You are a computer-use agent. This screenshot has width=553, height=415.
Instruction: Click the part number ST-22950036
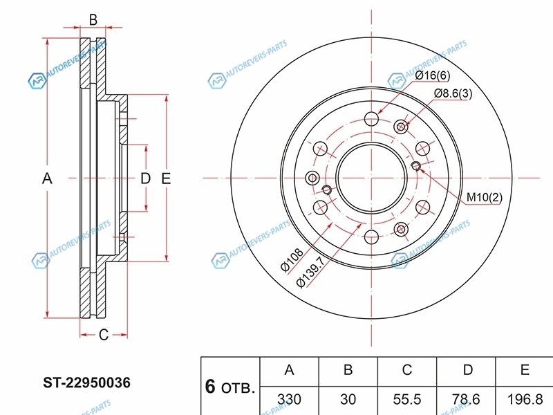tap(87, 382)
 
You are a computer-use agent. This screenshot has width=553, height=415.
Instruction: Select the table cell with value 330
tap(289, 399)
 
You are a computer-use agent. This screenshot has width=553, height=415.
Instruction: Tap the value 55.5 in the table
tap(408, 399)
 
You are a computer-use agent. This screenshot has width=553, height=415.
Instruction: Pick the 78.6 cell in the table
tap(467, 399)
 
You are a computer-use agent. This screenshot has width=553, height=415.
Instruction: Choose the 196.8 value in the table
tap(525, 399)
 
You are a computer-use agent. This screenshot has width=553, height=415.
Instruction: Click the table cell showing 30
tap(348, 399)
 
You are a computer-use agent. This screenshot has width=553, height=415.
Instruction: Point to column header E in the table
tap(525, 370)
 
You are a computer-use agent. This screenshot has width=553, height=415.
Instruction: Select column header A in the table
tap(289, 370)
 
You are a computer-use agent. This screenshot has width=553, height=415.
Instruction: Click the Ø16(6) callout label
tap(432, 75)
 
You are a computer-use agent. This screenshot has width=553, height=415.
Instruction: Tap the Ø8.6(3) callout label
tap(453, 94)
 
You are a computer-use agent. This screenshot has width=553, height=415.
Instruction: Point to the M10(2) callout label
tap(484, 198)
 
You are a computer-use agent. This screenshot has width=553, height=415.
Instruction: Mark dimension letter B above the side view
tap(93, 19)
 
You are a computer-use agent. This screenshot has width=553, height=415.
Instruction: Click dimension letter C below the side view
tap(103, 335)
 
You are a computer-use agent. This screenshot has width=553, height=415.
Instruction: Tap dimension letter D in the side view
tap(145, 178)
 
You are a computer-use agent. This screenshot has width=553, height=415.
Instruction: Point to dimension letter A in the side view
tap(47, 178)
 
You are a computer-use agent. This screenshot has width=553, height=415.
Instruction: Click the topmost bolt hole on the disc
tap(372, 117)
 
